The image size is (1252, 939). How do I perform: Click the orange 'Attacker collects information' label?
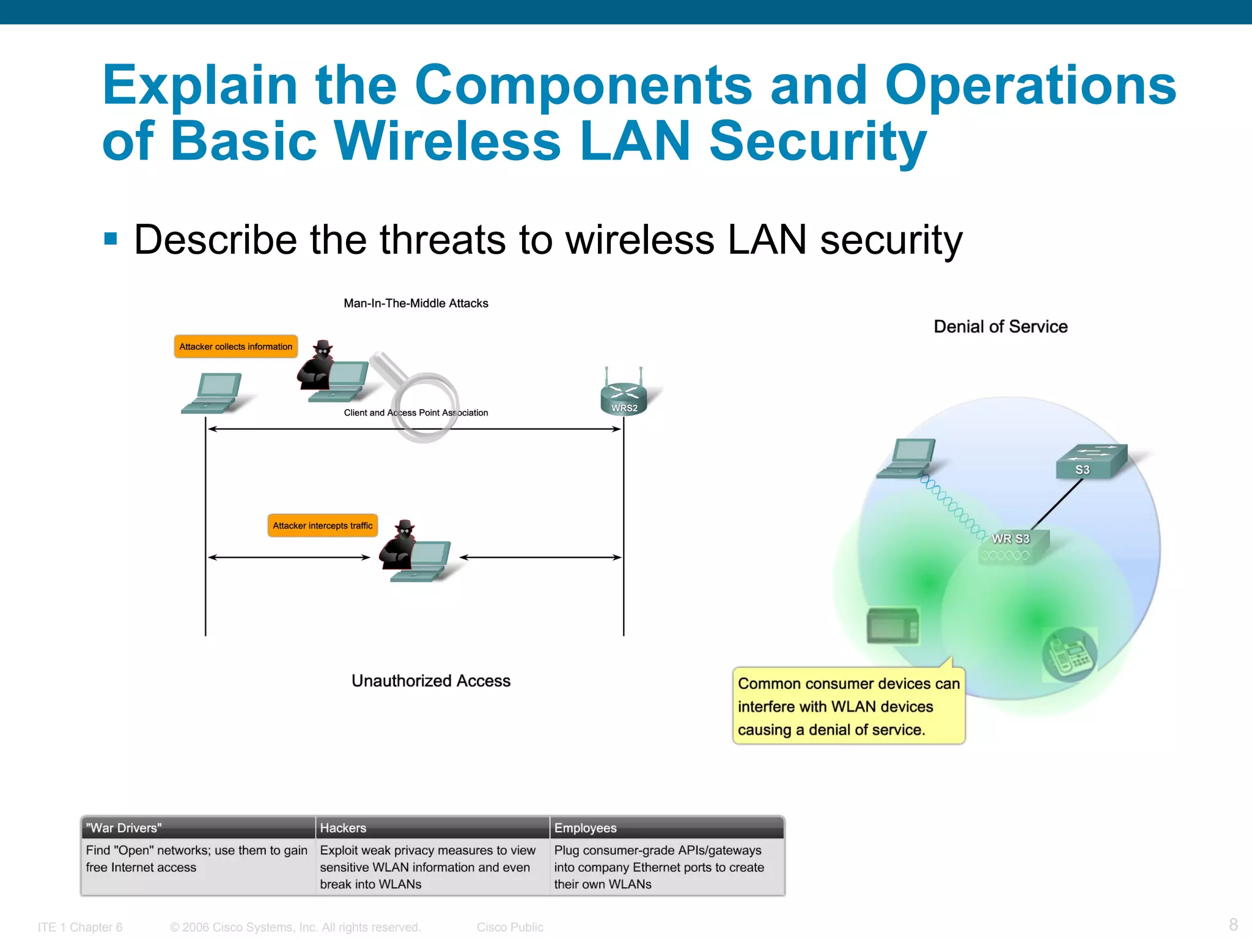tap(235, 347)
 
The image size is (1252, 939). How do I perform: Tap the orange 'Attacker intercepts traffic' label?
tap(322, 526)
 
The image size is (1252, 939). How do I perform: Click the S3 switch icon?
tap(1091, 462)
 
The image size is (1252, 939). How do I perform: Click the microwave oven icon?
tap(893, 625)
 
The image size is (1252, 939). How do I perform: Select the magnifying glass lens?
tap(424, 407)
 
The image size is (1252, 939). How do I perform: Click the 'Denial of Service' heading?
tap(1001, 326)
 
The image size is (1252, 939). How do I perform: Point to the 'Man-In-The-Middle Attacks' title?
tap(416, 303)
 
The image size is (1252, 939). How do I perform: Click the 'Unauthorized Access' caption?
tap(431, 681)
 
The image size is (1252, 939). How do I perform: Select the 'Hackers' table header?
tap(343, 828)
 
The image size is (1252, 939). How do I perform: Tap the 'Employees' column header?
tap(585, 828)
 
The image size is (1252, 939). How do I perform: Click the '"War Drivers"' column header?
tap(124, 828)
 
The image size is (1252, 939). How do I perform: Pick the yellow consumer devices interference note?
tap(849, 706)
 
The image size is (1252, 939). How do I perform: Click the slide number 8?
tap(1233, 924)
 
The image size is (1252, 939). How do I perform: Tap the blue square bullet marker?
tap(111, 238)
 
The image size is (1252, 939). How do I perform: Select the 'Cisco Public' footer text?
tap(510, 927)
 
